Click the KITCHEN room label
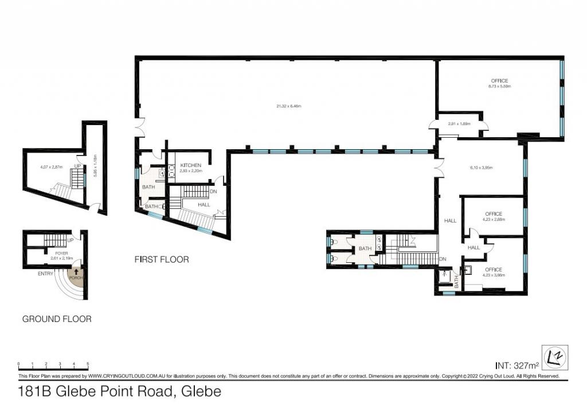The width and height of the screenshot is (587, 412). click(x=190, y=165)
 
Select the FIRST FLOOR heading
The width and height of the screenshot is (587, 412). click(x=162, y=259)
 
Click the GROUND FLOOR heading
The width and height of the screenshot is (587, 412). click(x=57, y=319)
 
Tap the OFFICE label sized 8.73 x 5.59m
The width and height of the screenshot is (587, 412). click(x=499, y=81)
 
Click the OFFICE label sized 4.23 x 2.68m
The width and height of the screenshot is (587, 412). click(x=494, y=214)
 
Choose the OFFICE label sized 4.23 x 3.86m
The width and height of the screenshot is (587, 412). click(x=494, y=270)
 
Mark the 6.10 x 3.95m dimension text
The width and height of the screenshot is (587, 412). click(x=482, y=168)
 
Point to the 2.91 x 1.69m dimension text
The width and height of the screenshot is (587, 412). click(x=460, y=123)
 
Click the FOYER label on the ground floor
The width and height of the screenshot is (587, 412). click(x=62, y=252)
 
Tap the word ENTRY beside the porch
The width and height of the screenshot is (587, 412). click(x=45, y=274)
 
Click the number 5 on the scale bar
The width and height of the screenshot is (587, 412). click(x=88, y=364)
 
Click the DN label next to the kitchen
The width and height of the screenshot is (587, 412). click(x=213, y=191)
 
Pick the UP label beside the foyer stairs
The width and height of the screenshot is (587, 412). click(x=70, y=239)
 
